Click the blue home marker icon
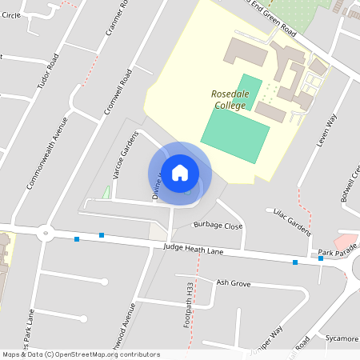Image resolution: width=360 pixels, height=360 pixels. tap(180, 172)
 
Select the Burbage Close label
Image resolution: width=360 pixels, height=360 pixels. tap(218, 226)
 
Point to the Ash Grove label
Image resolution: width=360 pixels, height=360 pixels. tap(234, 283)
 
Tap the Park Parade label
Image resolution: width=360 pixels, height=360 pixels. tap(335, 253)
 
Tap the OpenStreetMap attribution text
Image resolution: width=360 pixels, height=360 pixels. tap(81, 354)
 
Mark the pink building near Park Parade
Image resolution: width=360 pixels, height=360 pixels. tap(345, 241)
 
